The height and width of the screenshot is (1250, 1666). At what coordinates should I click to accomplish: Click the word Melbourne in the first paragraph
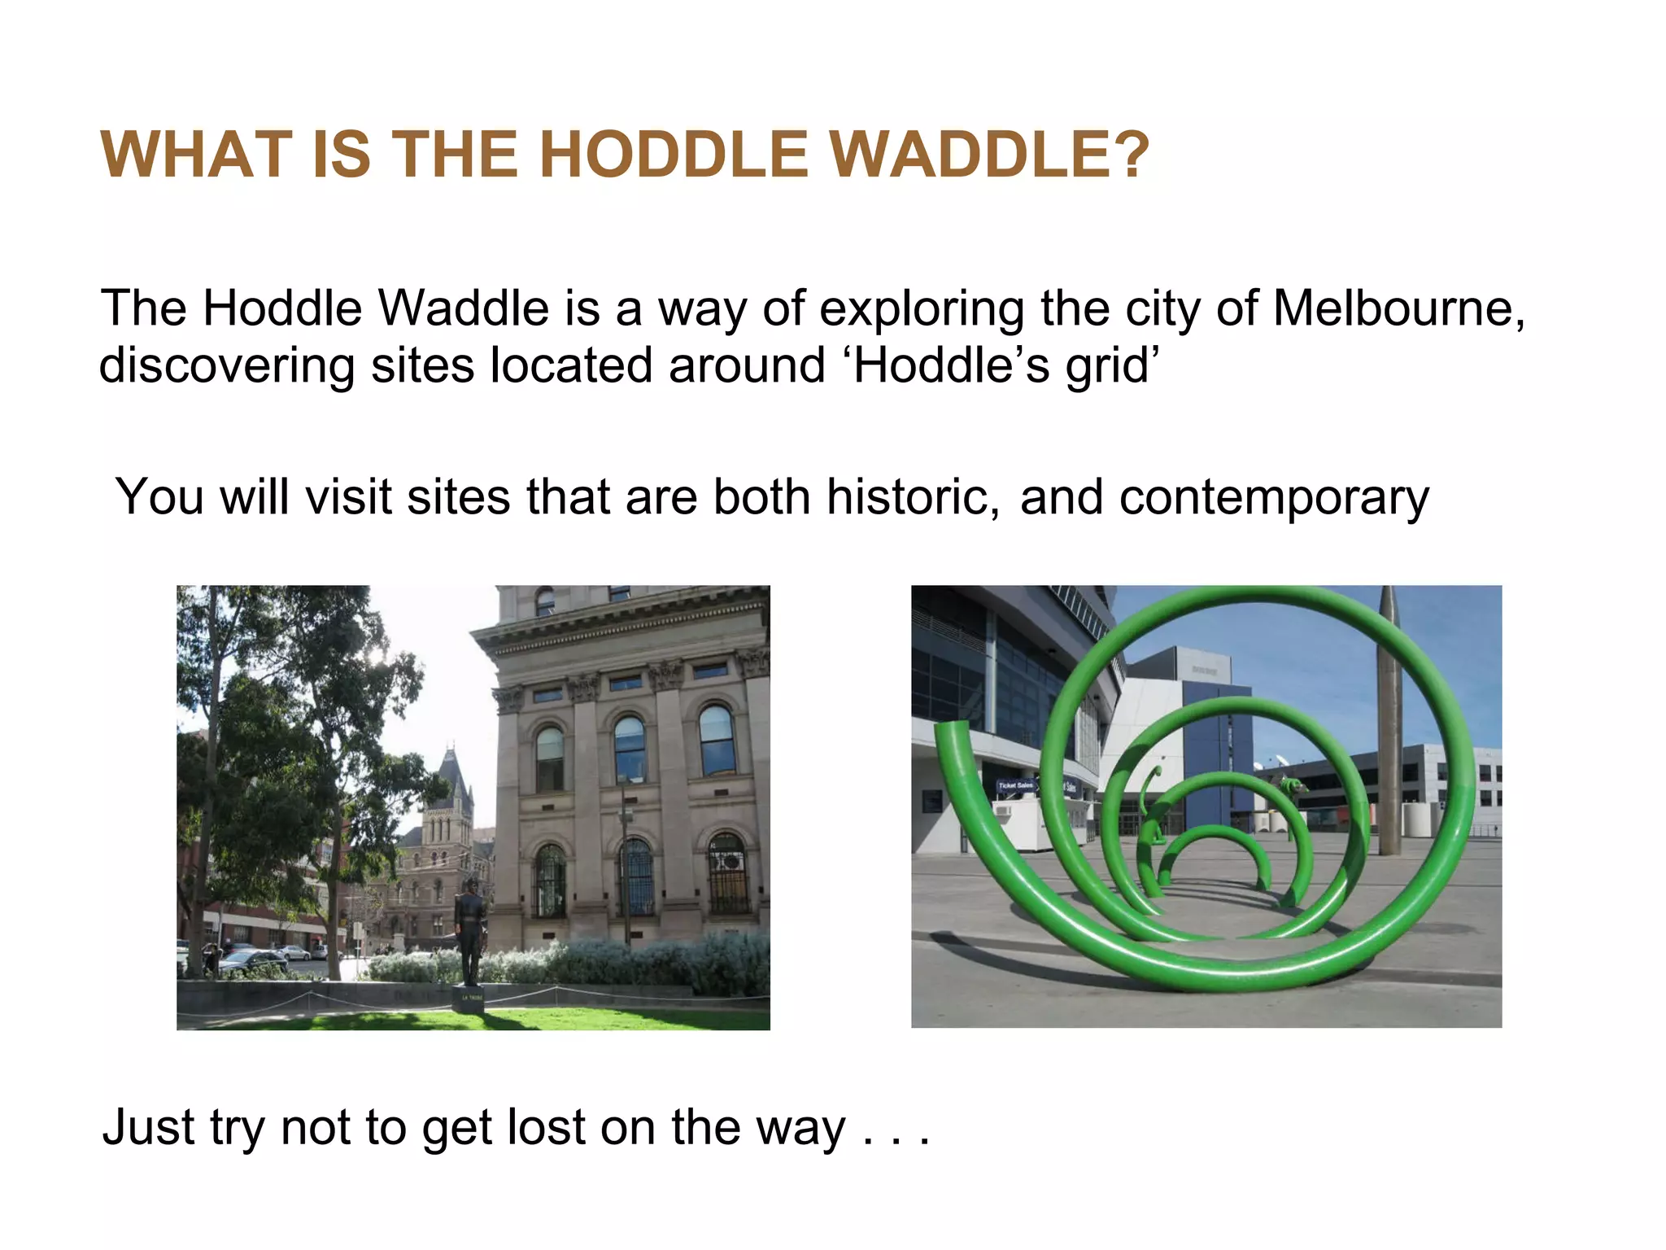point(1398,309)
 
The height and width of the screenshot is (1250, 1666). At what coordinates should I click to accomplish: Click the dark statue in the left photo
point(470,928)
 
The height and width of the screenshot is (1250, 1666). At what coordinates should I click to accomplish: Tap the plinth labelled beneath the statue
point(471,999)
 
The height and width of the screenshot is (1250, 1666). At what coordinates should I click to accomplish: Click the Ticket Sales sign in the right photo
point(1015,785)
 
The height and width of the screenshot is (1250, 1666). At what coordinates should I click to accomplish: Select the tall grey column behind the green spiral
point(1389,716)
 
